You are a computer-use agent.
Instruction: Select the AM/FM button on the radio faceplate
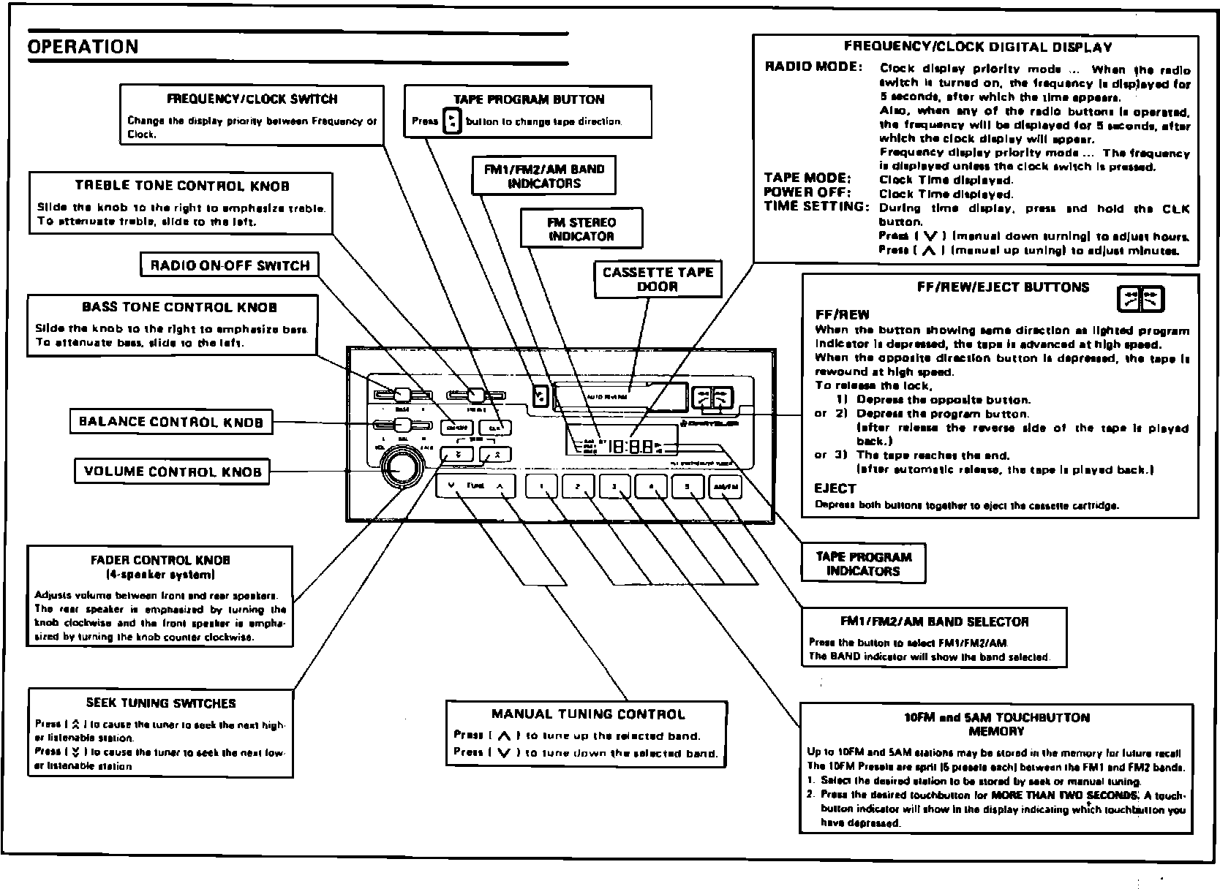pyautogui.click(x=725, y=487)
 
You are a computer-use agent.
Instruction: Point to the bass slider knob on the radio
pyautogui.click(x=402, y=396)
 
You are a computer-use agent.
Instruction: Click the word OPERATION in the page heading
pyautogui.click(x=83, y=47)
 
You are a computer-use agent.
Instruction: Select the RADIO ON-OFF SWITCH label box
pyautogui.click(x=230, y=265)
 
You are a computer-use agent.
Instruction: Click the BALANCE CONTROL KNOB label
pyautogui.click(x=171, y=422)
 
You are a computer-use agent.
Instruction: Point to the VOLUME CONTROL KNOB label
pyautogui.click(x=173, y=472)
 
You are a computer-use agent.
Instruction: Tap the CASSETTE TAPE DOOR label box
pyautogui.click(x=657, y=279)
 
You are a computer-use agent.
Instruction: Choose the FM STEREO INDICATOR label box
pyautogui.click(x=581, y=229)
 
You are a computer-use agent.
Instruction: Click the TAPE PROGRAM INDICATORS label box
pyautogui.click(x=863, y=564)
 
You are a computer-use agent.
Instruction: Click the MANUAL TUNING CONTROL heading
pyautogui.click(x=588, y=714)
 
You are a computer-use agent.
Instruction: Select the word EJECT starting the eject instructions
pyautogui.click(x=835, y=488)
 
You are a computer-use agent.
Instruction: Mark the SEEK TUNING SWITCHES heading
pyautogui.click(x=161, y=703)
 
